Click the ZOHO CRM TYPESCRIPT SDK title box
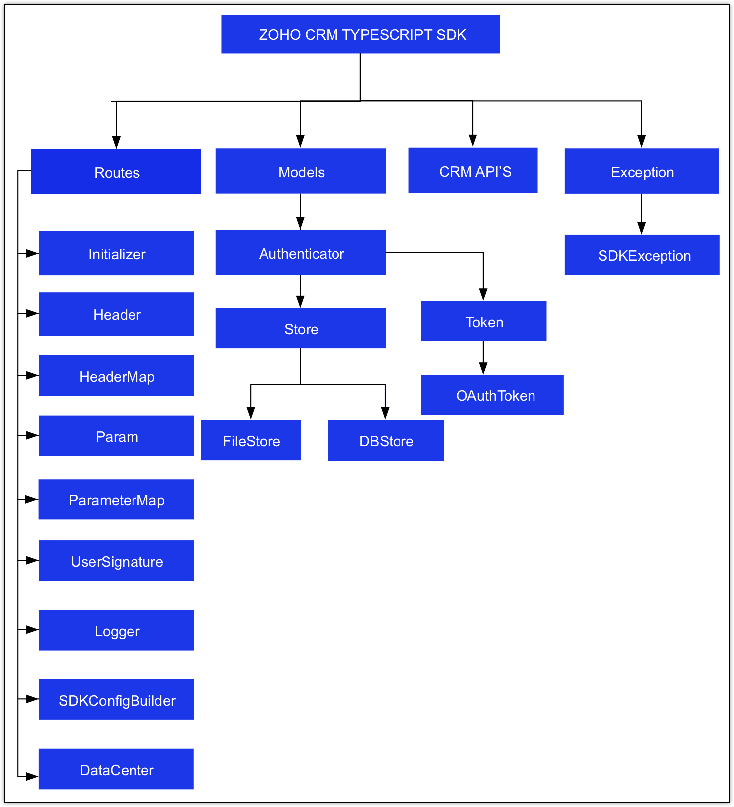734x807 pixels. point(360,34)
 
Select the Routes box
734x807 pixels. point(116,172)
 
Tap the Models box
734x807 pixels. point(301,171)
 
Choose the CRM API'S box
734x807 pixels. point(473,170)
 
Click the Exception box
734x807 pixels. point(641,171)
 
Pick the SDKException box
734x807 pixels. point(642,255)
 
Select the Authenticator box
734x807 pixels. point(301,253)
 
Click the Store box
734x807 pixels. point(301,329)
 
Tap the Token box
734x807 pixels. point(483,322)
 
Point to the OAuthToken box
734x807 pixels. point(492,395)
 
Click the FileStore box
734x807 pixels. point(251,441)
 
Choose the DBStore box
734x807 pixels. point(386,441)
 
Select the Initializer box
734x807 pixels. point(116,254)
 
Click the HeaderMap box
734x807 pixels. point(116,376)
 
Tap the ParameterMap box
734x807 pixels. point(116,500)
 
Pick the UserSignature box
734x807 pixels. point(116,561)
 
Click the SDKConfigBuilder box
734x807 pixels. point(116,700)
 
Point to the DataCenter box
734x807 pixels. point(116,769)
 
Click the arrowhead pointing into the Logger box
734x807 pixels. point(33,630)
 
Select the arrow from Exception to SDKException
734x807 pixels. point(641,213)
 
